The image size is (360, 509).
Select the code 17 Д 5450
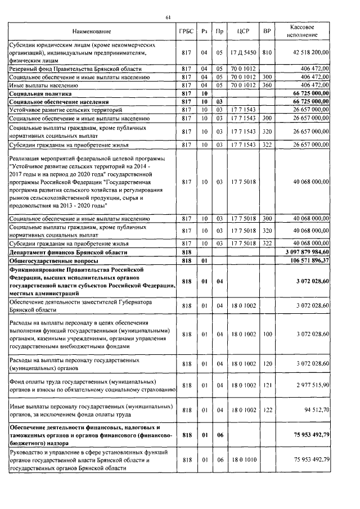point(243,52)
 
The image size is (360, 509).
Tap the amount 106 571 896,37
point(310,262)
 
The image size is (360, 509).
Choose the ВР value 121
point(267,384)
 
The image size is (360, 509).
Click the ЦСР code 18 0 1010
point(243,460)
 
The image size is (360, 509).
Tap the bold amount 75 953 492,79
point(310,435)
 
